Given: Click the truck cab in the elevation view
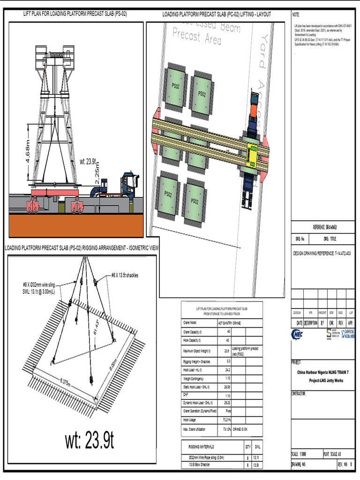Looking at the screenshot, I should tap(129, 185).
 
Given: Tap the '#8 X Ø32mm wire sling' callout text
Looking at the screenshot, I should tap(43, 285).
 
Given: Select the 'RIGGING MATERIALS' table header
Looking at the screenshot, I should tap(201, 447).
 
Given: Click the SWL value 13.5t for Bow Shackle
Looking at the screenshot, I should tap(255, 465).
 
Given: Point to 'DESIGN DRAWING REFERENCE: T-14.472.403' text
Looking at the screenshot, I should tap(322, 253).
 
